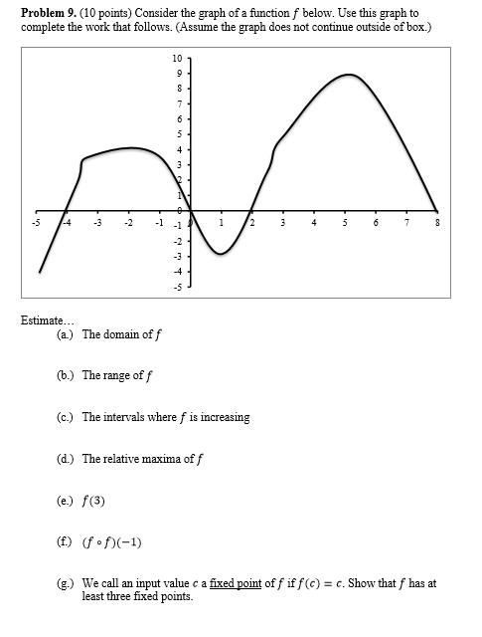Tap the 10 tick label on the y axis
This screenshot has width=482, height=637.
[x=176, y=58]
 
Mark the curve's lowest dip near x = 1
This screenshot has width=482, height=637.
[x=220, y=254]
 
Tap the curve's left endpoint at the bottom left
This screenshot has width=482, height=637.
[x=40, y=272]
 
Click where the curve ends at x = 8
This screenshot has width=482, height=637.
[x=436, y=211]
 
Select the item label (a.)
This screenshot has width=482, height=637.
[x=67, y=334]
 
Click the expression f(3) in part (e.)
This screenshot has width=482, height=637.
[x=93, y=501]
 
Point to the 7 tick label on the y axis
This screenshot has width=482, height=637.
[x=178, y=104]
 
